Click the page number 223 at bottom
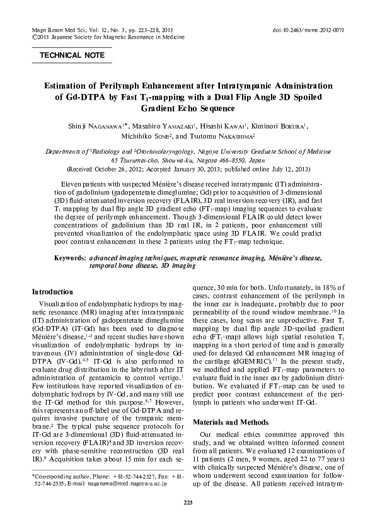187,502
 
